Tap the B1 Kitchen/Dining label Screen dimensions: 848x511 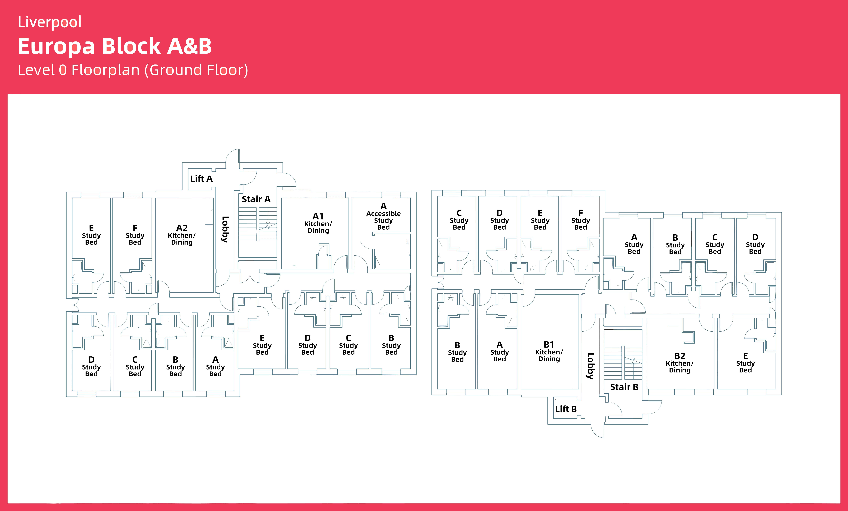tap(549, 351)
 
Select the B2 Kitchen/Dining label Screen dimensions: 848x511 tap(680, 363)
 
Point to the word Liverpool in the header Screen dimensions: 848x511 tap(50, 22)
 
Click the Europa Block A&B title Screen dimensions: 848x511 tap(115, 46)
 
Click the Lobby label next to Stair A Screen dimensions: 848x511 tap(225, 229)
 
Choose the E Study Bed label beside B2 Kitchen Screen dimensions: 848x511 tap(745, 363)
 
